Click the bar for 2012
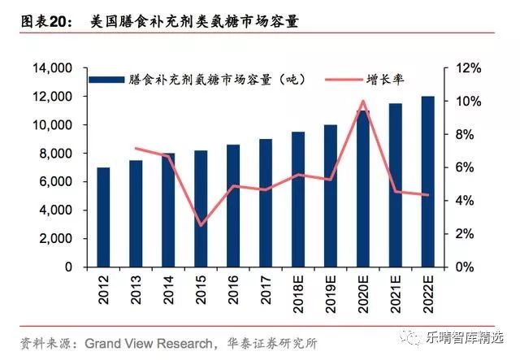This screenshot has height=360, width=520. pyautogui.click(x=103, y=217)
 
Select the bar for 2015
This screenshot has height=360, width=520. pyautogui.click(x=201, y=209)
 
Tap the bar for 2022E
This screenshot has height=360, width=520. pyautogui.click(x=428, y=181)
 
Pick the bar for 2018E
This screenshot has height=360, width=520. pyautogui.click(x=298, y=199)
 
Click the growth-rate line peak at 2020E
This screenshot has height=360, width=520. pyautogui.click(x=363, y=102)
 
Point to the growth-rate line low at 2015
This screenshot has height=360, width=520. pyautogui.click(x=201, y=225)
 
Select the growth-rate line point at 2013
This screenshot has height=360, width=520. pyautogui.click(x=136, y=148)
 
